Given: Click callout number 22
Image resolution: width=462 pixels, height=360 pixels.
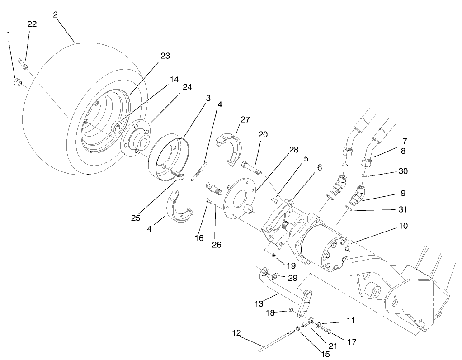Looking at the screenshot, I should (x=32, y=24).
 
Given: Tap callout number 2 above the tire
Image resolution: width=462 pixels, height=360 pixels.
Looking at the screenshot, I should (x=55, y=14).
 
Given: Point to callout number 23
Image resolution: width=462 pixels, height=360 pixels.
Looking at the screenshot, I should (x=165, y=56).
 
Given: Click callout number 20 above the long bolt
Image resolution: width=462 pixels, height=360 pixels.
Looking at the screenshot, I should (x=263, y=134).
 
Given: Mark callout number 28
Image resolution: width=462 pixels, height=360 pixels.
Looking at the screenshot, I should (x=293, y=150).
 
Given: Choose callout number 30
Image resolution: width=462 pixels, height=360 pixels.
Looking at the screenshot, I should (x=403, y=171).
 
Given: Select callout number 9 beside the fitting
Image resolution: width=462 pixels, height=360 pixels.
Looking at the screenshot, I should (x=401, y=193).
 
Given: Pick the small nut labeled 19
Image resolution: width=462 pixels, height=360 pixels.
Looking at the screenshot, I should (x=273, y=256).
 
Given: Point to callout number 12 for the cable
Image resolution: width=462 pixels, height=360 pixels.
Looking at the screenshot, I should (x=236, y=333).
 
